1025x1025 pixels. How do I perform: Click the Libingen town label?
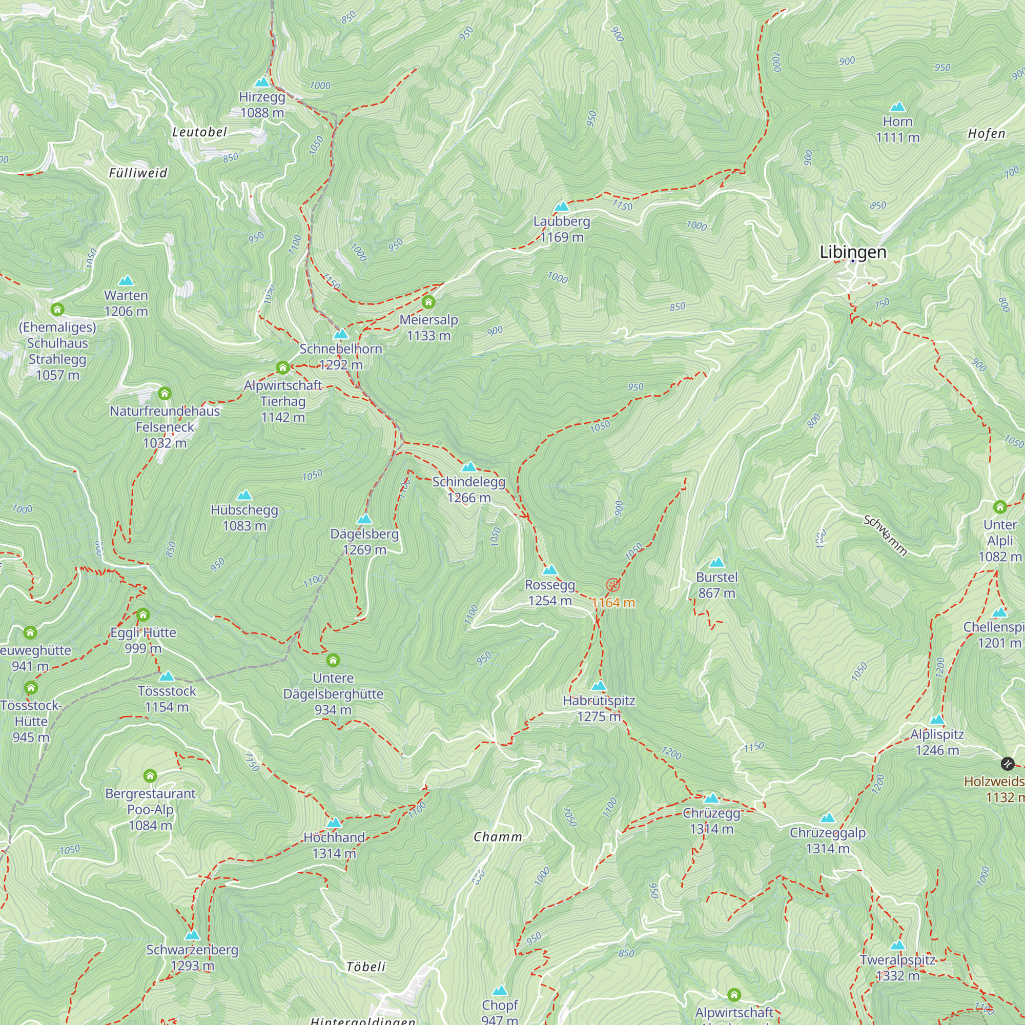853,252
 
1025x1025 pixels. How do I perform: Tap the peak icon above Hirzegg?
262,82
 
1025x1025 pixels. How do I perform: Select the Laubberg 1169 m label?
561,229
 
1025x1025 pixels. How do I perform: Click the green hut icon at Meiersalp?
428,302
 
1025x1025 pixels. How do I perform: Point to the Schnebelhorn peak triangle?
341,335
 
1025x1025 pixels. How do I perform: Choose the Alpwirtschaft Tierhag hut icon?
282,367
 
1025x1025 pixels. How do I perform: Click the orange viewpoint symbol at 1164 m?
613,586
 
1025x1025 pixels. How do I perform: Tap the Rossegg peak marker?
549,570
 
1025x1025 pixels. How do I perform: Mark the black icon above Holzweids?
1007,764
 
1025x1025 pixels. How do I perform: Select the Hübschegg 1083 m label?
244,518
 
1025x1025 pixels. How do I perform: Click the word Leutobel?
199,132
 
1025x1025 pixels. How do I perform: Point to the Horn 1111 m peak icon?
897,107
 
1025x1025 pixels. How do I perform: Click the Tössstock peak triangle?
167,676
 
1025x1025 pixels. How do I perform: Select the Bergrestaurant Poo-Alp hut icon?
150,776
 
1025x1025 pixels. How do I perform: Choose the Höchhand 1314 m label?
334,845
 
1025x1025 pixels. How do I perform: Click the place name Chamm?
497,837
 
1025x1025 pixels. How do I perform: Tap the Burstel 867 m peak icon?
716,563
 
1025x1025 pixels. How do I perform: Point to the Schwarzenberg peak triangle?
192,935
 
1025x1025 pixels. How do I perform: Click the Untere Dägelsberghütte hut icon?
333,661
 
